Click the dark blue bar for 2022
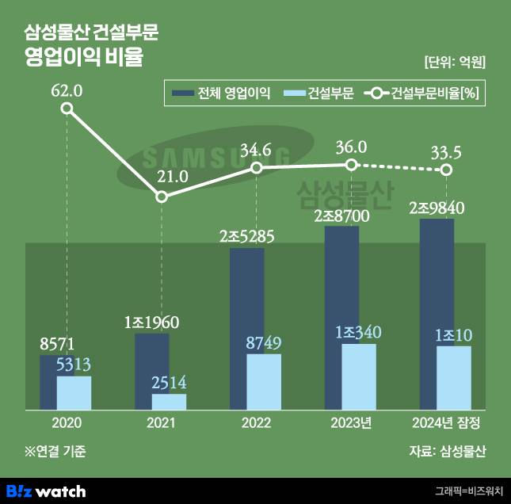coord(246,301)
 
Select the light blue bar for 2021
coord(169,402)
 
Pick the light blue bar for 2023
coord(359,376)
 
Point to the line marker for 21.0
coord(162,196)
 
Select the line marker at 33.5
coord(447,170)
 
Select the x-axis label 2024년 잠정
coord(447,422)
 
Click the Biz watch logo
coord(46,491)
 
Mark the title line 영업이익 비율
coord(86,58)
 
